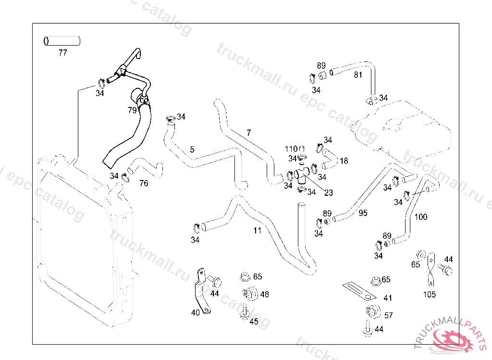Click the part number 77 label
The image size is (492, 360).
point(62,53)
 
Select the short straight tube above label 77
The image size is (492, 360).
point(62,41)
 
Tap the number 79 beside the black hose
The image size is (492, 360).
point(132,110)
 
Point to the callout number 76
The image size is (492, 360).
point(144,183)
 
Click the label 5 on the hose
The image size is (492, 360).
point(192,150)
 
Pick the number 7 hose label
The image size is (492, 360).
point(248,132)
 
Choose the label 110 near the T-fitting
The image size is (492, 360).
point(291,149)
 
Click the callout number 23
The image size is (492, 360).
point(329,193)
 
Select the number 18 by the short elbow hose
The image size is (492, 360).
point(344,161)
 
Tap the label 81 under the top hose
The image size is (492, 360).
point(358,75)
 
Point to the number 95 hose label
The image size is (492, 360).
point(363,213)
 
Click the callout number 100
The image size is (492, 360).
point(420,217)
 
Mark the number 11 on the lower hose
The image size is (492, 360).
point(258,230)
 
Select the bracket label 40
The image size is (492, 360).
point(195,312)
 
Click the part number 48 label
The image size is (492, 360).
point(264,294)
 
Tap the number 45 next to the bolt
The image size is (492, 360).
point(254,322)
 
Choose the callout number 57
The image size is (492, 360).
point(388,315)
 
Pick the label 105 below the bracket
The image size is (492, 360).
point(429,294)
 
